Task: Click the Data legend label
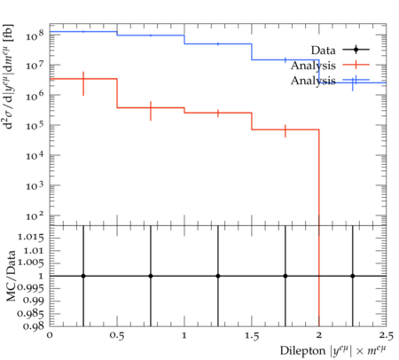[x=323, y=51]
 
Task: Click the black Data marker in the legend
[x=356, y=50]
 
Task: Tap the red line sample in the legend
[x=356, y=65]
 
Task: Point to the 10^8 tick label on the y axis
[x=35, y=35]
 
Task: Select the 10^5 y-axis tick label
[x=35, y=125]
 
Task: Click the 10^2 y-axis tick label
[x=35, y=215]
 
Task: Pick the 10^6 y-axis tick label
[x=35, y=95]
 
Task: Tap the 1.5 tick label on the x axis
[x=252, y=336]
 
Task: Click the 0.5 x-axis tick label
[x=117, y=336]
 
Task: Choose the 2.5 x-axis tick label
[x=386, y=336]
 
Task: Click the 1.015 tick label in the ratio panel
[x=31, y=238]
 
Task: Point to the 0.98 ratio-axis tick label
[x=35, y=326]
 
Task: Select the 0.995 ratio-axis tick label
[x=31, y=287]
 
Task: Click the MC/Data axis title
[x=11, y=276]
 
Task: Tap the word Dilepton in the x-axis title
[x=302, y=351]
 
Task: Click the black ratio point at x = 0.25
[x=83, y=276]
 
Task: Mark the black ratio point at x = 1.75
[x=286, y=276]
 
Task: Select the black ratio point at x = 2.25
[x=353, y=276]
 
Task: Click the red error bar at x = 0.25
[x=83, y=83]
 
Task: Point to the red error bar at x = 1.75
[x=286, y=131]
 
